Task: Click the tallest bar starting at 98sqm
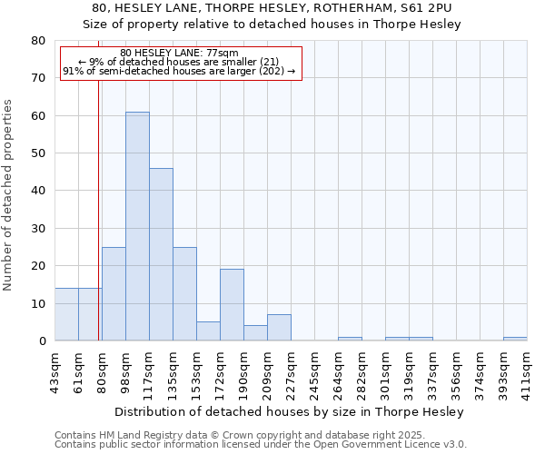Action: [x=137, y=227]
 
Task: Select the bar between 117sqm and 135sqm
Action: [x=161, y=254]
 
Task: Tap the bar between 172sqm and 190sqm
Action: [x=232, y=305]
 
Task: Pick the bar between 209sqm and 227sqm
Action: [x=279, y=328]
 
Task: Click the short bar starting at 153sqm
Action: [x=208, y=331]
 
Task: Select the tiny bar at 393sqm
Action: [x=515, y=339]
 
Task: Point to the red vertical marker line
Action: [x=98, y=200]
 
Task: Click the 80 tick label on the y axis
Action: [x=38, y=41]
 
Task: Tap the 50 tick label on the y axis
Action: [x=38, y=153]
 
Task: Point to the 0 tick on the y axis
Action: [x=42, y=341]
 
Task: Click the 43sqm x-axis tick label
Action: [x=54, y=368]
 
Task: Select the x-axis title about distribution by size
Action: [x=290, y=411]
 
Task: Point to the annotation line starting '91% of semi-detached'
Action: [x=179, y=71]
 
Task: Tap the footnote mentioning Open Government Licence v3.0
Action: [x=260, y=445]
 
